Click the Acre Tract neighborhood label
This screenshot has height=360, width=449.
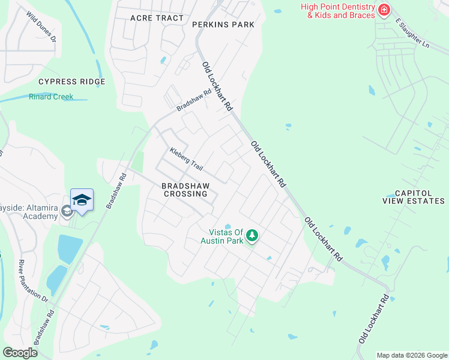point(157,18)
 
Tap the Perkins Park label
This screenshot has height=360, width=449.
point(223,25)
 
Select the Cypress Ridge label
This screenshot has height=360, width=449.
point(71,82)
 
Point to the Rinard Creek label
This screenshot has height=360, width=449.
point(51,97)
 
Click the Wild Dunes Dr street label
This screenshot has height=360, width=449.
point(41,26)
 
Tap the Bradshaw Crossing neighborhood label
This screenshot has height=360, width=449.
point(185,190)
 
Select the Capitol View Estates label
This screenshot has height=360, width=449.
point(414,197)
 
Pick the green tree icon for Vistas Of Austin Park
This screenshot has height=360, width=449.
point(252,235)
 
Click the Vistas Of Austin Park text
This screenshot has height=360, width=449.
point(226,236)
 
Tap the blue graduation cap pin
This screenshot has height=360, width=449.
point(82,200)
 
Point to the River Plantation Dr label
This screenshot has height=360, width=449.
point(32,281)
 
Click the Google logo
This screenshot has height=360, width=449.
point(20,352)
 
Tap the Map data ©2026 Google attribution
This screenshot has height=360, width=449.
point(412,355)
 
